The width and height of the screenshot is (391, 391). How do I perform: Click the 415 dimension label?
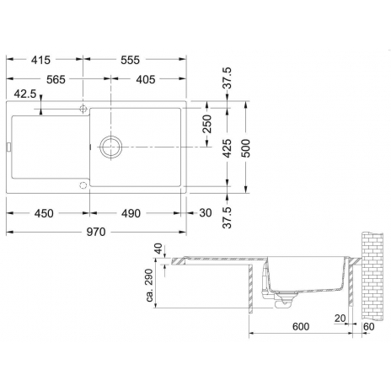pos(40,60)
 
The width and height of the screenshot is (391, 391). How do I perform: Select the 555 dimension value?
pos(130,60)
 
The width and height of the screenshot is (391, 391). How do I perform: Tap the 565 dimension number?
pos(56,79)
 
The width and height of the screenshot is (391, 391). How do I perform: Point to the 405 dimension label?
pos(146,79)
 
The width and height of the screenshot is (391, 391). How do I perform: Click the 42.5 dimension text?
pos(25,94)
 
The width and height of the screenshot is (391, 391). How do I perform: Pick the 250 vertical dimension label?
pos(207,124)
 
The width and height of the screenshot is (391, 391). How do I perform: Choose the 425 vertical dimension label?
pos(227,148)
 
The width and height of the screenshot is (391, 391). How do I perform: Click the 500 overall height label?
pos(245,148)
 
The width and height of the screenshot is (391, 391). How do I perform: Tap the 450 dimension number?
pos(44,213)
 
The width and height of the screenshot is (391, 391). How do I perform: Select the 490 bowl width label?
pos(131,213)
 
